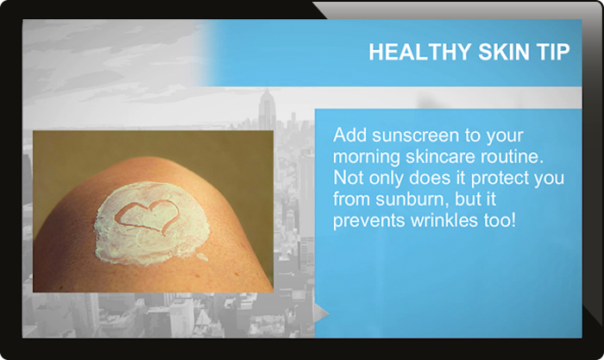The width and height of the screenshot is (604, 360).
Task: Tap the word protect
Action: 500,179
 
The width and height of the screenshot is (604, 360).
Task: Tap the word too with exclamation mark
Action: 500,220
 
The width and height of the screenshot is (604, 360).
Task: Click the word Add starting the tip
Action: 349,136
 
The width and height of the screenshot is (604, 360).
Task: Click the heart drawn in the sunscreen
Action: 147,217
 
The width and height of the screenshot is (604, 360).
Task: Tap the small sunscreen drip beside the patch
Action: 201,256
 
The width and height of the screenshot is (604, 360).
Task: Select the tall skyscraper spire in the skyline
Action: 266,108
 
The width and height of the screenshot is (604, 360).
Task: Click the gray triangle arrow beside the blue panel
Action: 321,313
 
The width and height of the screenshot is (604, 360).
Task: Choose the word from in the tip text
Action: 352,199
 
